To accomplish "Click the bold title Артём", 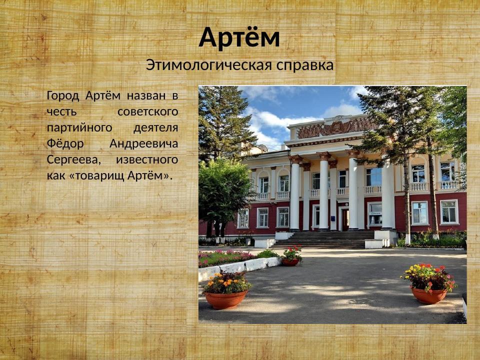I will [x=239, y=38].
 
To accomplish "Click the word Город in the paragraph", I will [x=63, y=95].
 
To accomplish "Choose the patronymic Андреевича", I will [x=143, y=143].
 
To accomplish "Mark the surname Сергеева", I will [x=73, y=159].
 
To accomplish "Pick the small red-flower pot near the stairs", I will [x=290, y=261].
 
